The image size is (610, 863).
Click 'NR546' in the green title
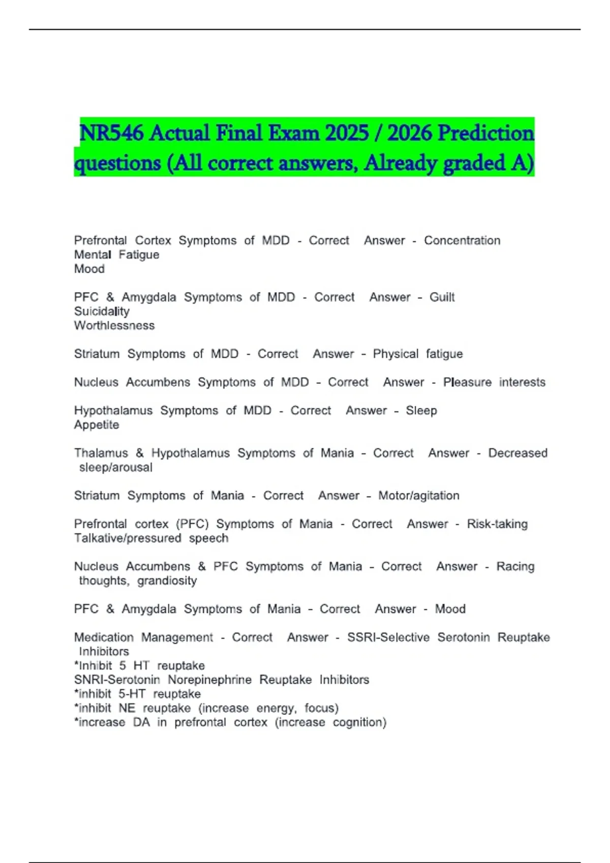pos(112,134)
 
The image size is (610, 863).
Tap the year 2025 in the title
pos(347,134)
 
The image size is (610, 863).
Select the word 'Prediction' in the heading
pos(485,134)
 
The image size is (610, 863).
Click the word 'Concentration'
pos(462,241)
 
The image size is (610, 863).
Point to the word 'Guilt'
pos(442,297)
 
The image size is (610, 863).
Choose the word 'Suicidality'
pos(102,312)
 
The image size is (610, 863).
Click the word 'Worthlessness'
pos(114,326)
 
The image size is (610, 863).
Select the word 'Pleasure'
pos(467,382)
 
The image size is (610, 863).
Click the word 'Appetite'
pos(97,425)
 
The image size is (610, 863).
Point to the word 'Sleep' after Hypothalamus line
pos(421,411)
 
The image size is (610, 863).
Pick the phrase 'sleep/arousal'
pos(116,468)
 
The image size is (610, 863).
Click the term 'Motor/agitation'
pos(418,496)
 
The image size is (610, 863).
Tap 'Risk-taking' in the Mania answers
pos(497,524)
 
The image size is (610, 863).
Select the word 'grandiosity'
pos(167,581)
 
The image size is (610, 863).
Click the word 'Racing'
pos(515,567)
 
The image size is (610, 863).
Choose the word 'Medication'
pos(104,638)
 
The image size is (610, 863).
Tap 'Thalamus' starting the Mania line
pos(101,453)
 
